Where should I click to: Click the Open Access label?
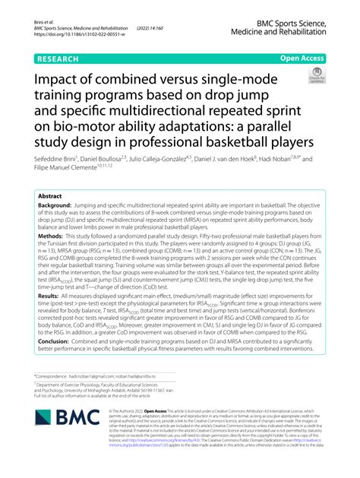[302, 57]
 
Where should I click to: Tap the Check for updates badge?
[315, 75]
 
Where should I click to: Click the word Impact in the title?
[62, 81]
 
